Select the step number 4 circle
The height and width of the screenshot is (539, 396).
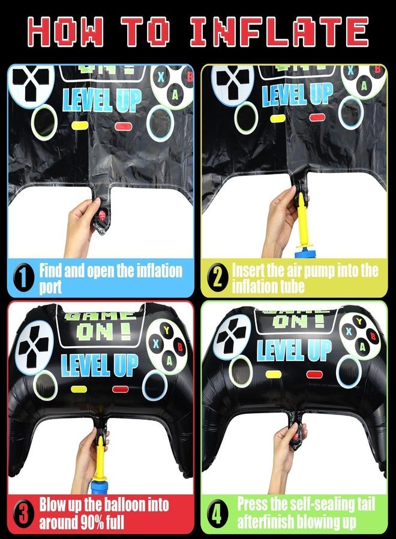(217, 514)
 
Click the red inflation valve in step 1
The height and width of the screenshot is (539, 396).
(102, 216)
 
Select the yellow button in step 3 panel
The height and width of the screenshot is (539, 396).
(79, 389)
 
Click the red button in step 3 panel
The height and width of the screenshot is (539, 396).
(120, 389)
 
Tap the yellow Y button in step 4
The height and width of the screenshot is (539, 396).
(359, 322)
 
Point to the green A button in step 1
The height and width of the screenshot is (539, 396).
(175, 95)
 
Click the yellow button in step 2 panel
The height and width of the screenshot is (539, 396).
(278, 119)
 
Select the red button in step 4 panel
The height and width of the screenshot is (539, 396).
(314, 374)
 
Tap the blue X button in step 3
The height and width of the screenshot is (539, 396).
(157, 343)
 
